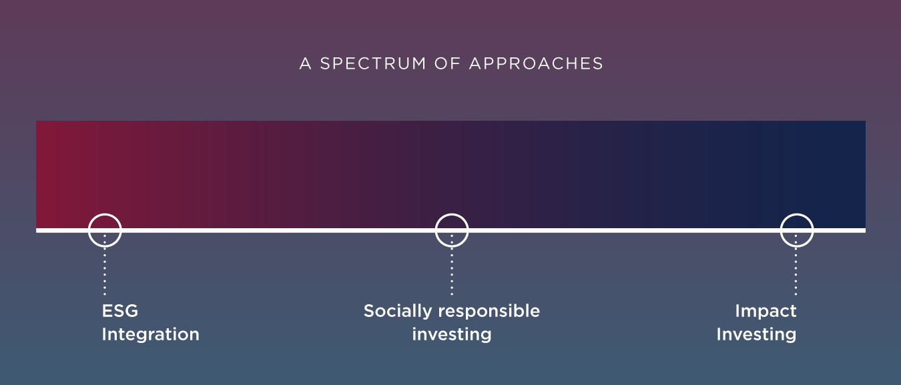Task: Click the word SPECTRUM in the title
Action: click(x=373, y=63)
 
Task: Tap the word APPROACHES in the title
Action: click(x=536, y=63)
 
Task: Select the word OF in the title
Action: click(x=447, y=63)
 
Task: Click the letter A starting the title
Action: click(x=305, y=63)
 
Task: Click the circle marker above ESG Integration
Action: click(x=89, y=230)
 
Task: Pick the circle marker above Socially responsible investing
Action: click(x=436, y=230)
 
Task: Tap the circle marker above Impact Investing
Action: click(x=781, y=230)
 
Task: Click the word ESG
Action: click(x=120, y=310)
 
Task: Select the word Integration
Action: click(x=150, y=334)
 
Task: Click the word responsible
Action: click(x=489, y=311)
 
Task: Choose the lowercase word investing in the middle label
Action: click(x=452, y=334)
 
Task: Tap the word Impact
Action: click(x=766, y=311)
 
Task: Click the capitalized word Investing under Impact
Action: click(x=757, y=334)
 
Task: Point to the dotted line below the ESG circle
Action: click(x=105, y=265)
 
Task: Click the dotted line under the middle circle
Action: click(x=452, y=265)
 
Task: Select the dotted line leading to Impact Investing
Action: click(x=796, y=265)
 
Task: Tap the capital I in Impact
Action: click(x=737, y=310)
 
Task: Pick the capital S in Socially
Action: click(x=370, y=310)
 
